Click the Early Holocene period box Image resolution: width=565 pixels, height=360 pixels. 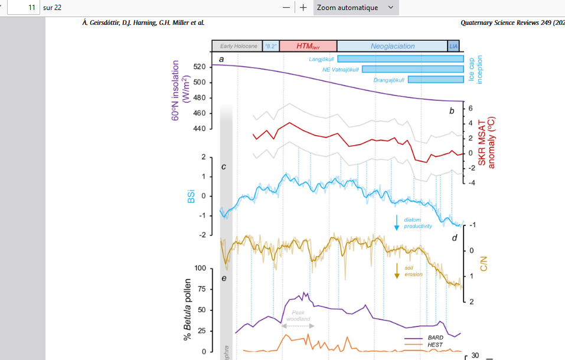click(x=238, y=46)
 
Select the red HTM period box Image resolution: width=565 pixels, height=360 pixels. click(x=308, y=46)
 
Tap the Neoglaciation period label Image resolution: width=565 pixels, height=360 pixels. click(x=393, y=46)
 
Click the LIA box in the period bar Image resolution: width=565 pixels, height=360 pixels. click(x=453, y=46)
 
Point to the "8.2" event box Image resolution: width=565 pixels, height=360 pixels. click(x=271, y=46)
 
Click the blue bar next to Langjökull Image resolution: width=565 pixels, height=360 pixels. click(x=400, y=58)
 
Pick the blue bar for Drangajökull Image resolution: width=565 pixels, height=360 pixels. click(x=436, y=80)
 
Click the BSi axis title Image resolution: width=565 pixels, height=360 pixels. click(x=191, y=196)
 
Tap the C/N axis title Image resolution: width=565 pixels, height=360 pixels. click(x=483, y=263)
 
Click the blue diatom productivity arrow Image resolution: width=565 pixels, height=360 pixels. click(x=397, y=222)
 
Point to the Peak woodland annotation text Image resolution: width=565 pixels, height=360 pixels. click(x=298, y=315)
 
